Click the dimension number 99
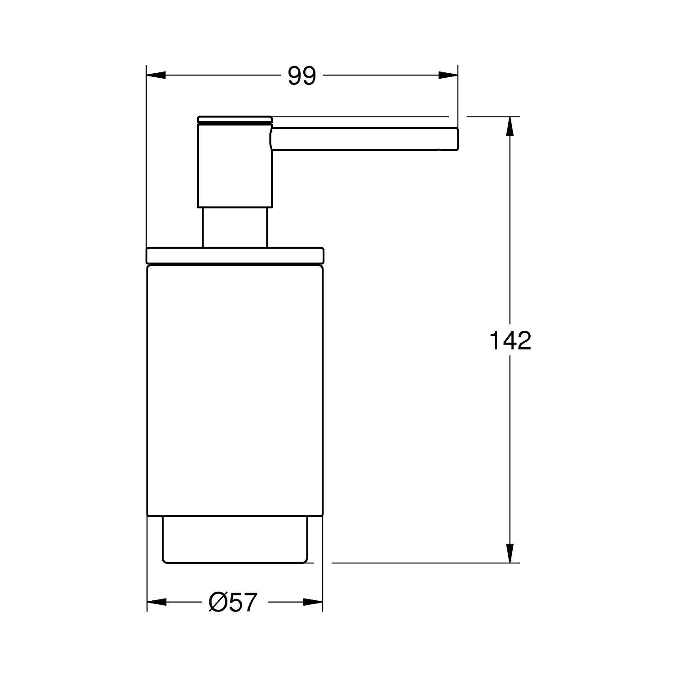[x=302, y=76]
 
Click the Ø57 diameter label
[x=232, y=602]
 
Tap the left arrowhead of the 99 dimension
[x=157, y=75]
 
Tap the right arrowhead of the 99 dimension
[x=448, y=75]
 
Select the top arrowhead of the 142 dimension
[x=510, y=126]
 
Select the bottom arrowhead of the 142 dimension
[x=510, y=553]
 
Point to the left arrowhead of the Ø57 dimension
[x=157, y=602]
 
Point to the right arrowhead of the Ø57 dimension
[x=313, y=602]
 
